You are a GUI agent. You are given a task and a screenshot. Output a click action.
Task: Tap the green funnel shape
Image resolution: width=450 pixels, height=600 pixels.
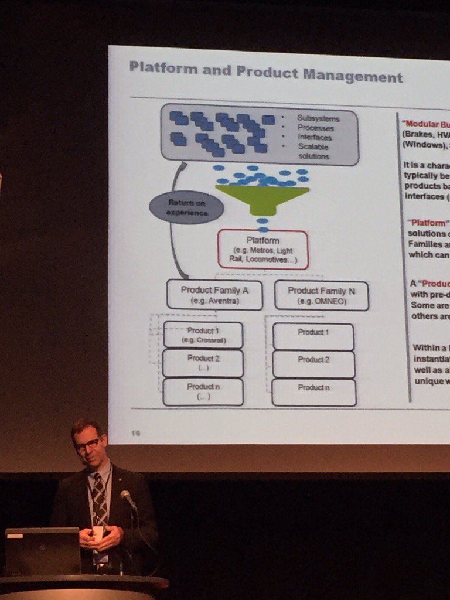[x=262, y=197]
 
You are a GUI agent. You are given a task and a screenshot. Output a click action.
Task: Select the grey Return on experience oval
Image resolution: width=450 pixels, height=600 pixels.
[x=186, y=207]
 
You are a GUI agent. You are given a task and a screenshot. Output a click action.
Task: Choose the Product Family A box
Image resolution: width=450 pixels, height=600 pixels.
[x=214, y=294]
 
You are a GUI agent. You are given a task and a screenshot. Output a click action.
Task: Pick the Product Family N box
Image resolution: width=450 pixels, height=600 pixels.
[x=321, y=295]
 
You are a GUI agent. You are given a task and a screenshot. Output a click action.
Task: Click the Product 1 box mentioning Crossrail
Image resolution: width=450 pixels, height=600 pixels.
[x=203, y=335]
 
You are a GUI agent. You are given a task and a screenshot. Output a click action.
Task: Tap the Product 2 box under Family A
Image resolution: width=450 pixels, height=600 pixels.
[x=203, y=363]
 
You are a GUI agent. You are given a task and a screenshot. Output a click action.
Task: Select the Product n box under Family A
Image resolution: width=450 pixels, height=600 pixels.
[x=203, y=391]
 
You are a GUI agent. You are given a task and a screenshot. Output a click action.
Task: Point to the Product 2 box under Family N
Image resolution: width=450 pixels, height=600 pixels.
[x=313, y=363]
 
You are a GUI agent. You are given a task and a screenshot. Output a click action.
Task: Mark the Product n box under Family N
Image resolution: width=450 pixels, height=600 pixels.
[x=313, y=391]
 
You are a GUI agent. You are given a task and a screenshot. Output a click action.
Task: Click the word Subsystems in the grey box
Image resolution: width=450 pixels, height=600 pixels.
[x=318, y=118]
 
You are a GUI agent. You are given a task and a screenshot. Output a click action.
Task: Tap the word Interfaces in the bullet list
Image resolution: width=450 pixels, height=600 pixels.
[x=315, y=138]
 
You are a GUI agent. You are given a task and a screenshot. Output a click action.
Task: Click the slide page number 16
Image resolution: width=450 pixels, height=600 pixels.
[x=135, y=432]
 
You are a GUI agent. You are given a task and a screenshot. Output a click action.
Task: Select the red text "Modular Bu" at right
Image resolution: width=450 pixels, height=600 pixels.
[x=426, y=124]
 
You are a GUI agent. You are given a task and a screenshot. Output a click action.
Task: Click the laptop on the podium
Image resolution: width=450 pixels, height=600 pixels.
[x=42, y=550]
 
